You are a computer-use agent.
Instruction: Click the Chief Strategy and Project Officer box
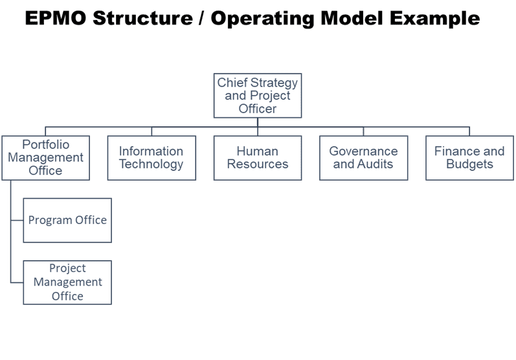(257, 95)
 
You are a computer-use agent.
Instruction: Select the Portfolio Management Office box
(45, 158)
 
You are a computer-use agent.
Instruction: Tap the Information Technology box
(151, 158)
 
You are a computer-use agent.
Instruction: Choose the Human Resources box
(257, 158)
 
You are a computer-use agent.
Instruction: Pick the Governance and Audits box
(363, 158)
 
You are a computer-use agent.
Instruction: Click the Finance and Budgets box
(469, 158)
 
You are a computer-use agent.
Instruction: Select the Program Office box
(67, 220)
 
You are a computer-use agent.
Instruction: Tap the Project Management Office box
(67, 282)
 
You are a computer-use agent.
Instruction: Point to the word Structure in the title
(142, 17)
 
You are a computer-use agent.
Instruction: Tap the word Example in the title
(434, 19)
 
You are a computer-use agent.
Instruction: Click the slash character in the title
(201, 18)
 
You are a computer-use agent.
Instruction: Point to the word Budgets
(469, 164)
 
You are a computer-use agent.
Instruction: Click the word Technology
(151, 164)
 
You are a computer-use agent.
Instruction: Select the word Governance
(363, 151)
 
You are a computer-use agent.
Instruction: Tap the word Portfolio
(46, 144)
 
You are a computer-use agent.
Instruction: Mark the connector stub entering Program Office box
(17, 220)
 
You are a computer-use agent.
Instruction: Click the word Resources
(258, 164)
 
